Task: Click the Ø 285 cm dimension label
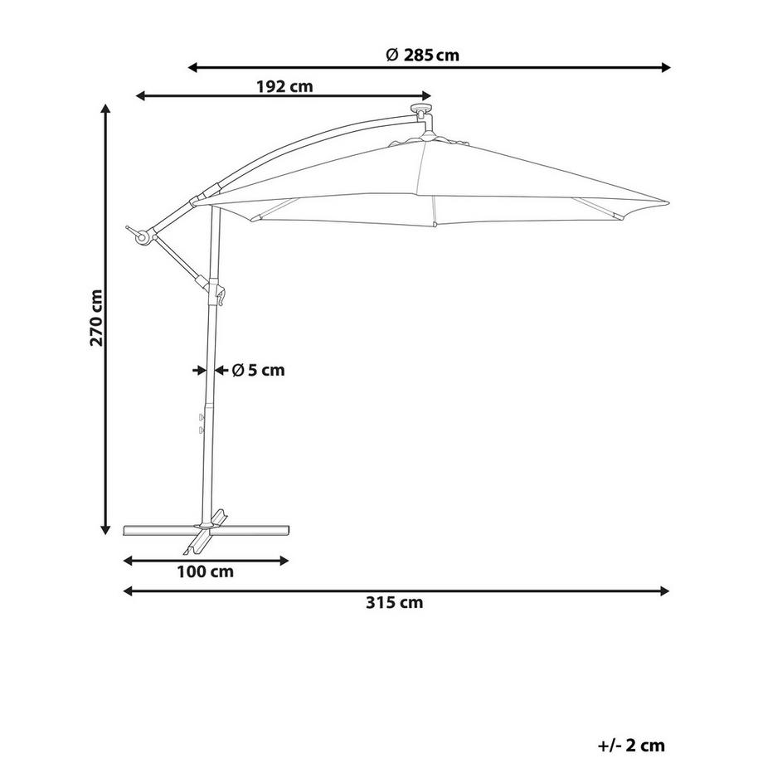coord(422,55)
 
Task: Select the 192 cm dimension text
coord(284,86)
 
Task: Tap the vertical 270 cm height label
coord(96,318)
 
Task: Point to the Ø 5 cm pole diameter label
coord(259,371)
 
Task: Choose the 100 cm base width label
coord(205,571)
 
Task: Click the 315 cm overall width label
coord(395,602)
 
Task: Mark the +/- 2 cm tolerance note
coord(631,745)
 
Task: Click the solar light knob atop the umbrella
coord(421,108)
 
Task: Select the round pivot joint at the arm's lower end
coord(142,237)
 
